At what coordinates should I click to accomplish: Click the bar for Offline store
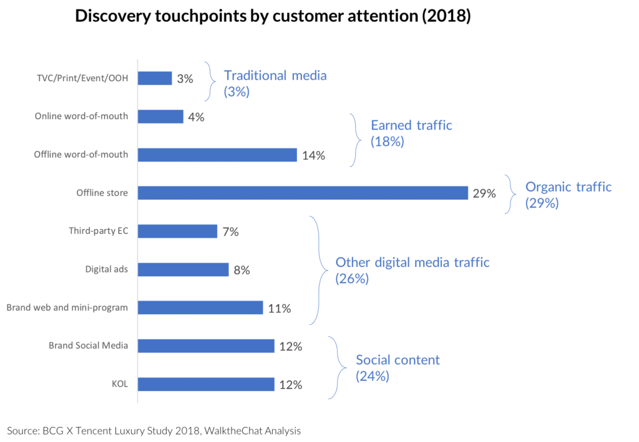click(303, 193)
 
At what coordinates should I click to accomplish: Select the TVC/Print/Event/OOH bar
click(155, 79)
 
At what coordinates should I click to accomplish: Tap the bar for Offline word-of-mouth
click(217, 155)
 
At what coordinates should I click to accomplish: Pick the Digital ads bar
click(183, 269)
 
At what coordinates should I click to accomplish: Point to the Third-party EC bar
click(177, 231)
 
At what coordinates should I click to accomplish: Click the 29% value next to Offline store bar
click(484, 193)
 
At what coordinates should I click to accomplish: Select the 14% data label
click(313, 155)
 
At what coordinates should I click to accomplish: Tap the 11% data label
click(279, 308)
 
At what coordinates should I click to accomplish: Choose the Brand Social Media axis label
click(89, 345)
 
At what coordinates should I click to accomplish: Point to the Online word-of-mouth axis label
click(81, 117)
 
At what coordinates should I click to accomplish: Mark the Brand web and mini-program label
click(67, 307)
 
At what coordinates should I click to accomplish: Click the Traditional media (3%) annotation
click(275, 84)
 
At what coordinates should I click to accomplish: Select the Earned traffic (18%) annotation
click(411, 133)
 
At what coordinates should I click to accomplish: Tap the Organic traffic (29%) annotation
click(568, 195)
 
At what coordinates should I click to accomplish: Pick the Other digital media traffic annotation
click(412, 270)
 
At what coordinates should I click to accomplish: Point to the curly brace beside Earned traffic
click(356, 140)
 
